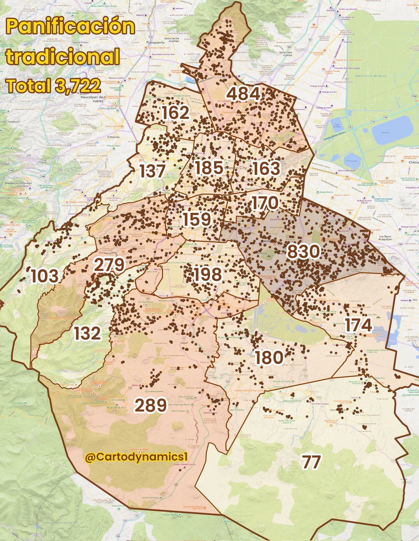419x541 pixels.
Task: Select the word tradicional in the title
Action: pos(63,57)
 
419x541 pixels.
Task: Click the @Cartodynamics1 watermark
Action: pos(136,457)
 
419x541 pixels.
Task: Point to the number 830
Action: pos(303,252)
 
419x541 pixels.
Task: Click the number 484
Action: pos(243,94)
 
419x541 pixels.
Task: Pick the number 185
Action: pos(209,168)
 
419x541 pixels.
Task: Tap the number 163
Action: pos(266,169)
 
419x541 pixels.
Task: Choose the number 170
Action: pos(265,203)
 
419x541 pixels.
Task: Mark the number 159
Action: pos(196,220)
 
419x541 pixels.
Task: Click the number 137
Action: pos(152,171)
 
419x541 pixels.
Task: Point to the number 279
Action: pos(108,265)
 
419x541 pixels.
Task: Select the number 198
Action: pos(207,274)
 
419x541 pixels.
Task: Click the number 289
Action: pos(150,405)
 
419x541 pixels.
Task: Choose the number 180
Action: pos(269,358)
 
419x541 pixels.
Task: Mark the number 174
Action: pos(358,325)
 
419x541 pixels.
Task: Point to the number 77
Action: pos(312,462)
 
